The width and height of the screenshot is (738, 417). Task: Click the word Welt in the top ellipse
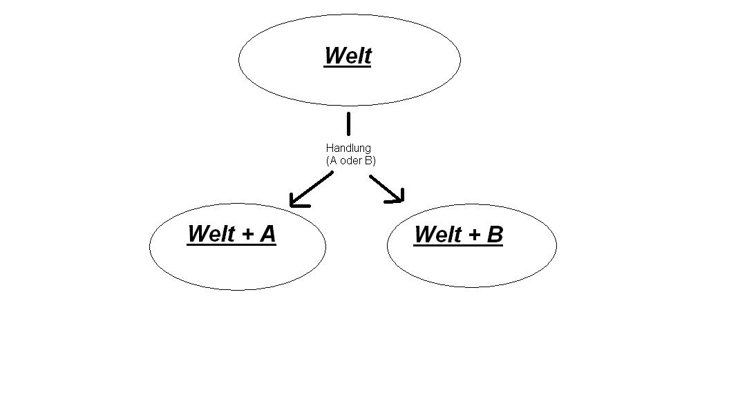click(x=348, y=55)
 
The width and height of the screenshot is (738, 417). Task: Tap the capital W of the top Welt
click(x=333, y=55)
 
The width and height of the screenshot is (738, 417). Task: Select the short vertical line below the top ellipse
click(x=348, y=124)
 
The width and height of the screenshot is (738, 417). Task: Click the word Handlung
click(x=348, y=148)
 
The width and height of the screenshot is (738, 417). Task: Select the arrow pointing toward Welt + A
click(x=312, y=188)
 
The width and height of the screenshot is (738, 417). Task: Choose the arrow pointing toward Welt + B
click(x=386, y=187)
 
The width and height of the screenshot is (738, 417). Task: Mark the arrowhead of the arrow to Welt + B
click(x=399, y=199)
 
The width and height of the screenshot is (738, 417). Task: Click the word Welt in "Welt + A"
click(x=211, y=233)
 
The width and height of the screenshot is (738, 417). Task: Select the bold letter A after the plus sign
click(x=267, y=233)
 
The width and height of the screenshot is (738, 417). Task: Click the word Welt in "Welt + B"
click(x=438, y=235)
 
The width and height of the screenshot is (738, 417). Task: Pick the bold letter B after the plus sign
click(x=495, y=235)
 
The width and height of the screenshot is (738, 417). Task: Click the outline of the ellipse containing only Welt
click(x=239, y=60)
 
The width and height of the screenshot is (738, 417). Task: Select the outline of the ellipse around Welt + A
click(x=150, y=246)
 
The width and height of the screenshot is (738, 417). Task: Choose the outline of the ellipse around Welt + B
click(x=556, y=245)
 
